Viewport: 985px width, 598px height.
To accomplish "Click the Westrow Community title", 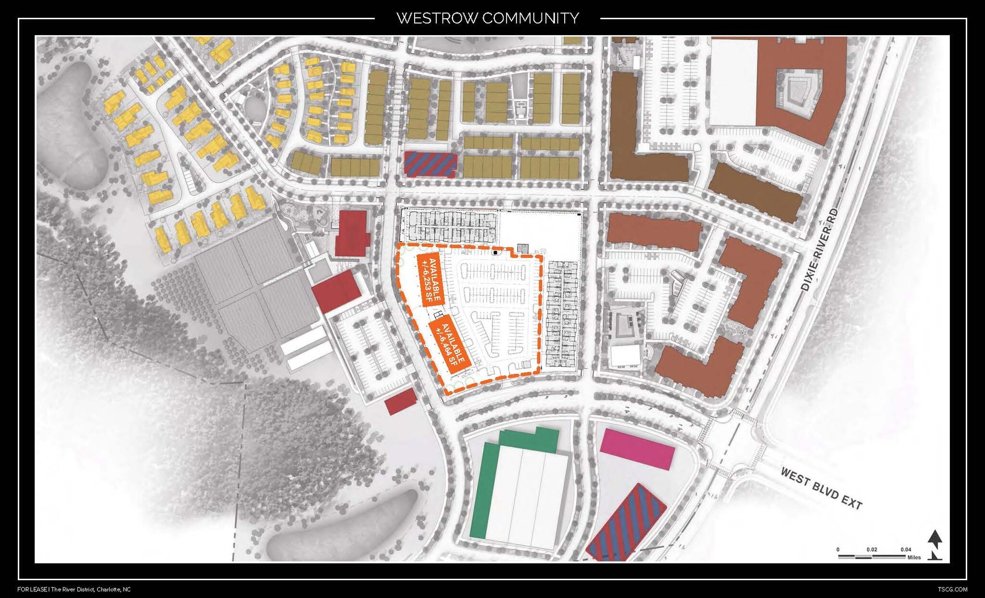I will pos(487,18).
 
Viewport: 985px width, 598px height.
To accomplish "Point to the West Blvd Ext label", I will pos(821,488).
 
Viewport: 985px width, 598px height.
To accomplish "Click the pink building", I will pos(637,449).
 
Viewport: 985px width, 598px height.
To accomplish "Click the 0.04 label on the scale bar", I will pos(906,549).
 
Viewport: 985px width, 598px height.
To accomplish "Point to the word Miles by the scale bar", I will pos(914,558).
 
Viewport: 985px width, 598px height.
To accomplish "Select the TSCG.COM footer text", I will pos(952,589).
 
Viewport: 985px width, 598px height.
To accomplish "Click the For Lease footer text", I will pos(32,589).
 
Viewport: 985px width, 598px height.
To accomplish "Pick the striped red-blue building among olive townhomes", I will pos(429,164).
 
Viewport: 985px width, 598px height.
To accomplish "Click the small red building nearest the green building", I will pos(400,401).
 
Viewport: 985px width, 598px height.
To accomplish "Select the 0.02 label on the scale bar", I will pos(871,549).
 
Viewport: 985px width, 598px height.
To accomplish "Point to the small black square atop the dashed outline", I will pos(495,252).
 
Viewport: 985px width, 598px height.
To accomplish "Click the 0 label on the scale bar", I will pos(838,549).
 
